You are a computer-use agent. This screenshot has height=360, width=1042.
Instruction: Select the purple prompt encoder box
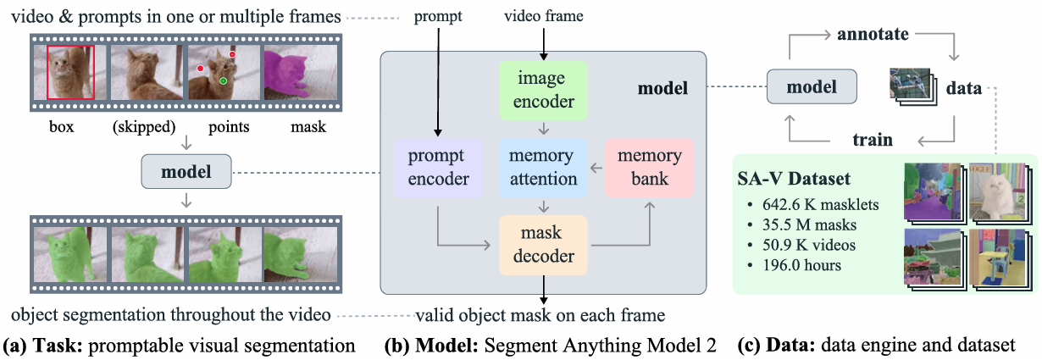pyautogui.click(x=438, y=168)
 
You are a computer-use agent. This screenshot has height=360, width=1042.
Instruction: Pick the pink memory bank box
pyautogui.click(x=649, y=168)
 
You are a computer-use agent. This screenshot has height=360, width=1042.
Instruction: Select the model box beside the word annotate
pyautogui.click(x=811, y=86)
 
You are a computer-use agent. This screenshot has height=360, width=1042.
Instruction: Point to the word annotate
pyautogui.click(x=873, y=36)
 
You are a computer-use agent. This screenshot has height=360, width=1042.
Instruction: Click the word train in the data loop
pyautogui.click(x=872, y=140)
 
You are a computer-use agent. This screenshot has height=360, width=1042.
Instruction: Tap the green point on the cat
pyautogui.click(x=223, y=81)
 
